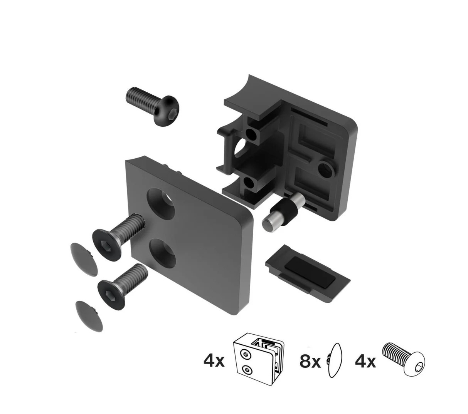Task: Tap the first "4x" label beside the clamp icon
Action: pyautogui.click(x=214, y=362)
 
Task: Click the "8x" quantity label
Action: pyautogui.click(x=310, y=362)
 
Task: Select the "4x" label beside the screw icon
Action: pyautogui.click(x=365, y=362)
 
